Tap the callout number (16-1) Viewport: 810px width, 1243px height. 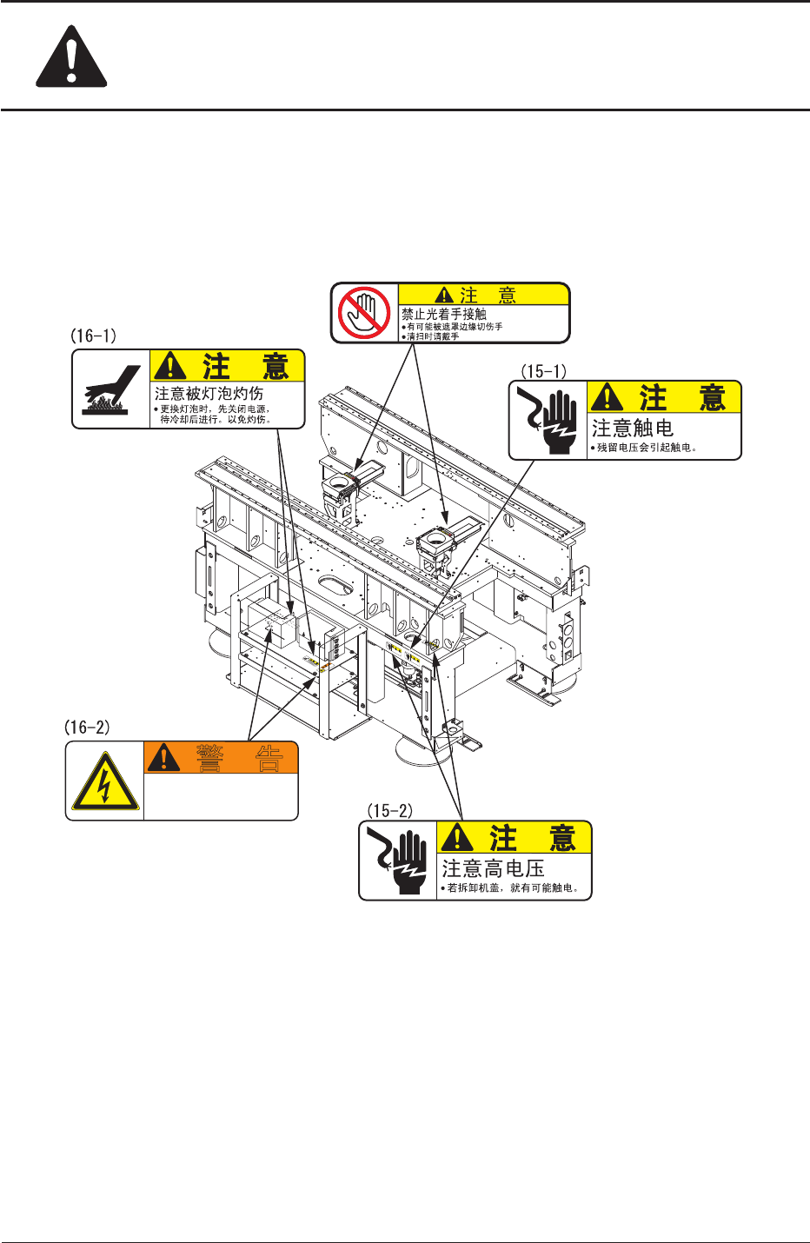point(93,336)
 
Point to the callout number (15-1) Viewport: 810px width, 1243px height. point(543,371)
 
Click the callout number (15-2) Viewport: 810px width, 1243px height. point(389,811)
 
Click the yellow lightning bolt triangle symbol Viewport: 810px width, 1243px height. point(104,781)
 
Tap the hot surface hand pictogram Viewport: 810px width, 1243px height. point(111,389)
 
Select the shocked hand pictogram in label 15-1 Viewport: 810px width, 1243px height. point(548,421)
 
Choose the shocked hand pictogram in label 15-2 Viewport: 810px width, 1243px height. point(398,861)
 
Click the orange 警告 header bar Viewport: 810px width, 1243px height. point(221,758)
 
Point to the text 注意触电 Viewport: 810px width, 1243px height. point(633,429)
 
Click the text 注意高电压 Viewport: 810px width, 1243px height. point(493,868)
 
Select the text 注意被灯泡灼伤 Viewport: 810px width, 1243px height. point(209,395)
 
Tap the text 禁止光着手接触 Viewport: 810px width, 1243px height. point(443,314)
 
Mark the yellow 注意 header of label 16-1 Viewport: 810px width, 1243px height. point(228,366)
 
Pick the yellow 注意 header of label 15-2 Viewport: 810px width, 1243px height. point(514,838)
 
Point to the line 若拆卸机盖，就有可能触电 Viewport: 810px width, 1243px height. point(513,888)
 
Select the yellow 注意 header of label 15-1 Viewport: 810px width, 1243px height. point(664,397)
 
